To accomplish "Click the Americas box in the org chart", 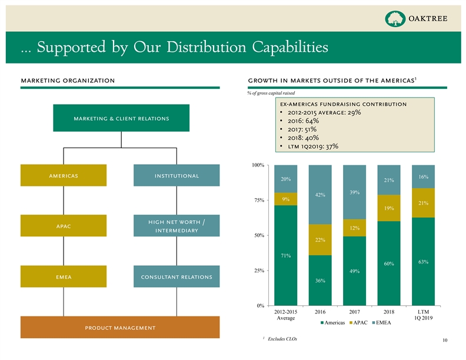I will (64, 175).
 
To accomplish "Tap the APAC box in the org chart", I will (64, 225).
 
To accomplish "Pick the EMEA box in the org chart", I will (64, 276).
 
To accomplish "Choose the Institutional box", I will (177, 175).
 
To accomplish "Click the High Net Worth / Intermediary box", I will (177, 225).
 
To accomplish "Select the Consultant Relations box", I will (177, 276).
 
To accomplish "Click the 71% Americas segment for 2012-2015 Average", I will (285, 255).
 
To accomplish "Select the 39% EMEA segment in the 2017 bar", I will (354, 192).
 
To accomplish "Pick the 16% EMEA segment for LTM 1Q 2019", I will (423, 176).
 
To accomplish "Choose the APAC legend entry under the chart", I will (360, 323).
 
